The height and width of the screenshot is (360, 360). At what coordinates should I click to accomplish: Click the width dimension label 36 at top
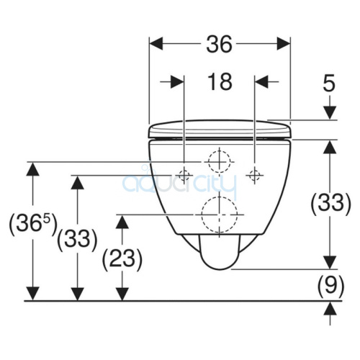coord(220,44)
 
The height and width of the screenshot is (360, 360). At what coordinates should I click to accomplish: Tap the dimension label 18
coord(220,81)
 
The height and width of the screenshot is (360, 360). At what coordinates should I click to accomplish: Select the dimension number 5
coord(329,84)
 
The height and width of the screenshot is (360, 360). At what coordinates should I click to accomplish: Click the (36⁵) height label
coord(33,223)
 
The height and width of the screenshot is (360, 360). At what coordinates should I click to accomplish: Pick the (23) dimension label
coord(122,258)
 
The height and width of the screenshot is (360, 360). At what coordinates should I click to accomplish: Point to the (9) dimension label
coord(330,285)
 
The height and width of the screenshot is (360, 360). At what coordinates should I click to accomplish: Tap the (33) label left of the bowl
coord(77,238)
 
